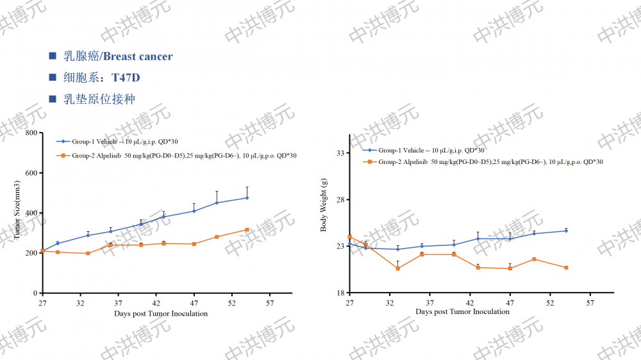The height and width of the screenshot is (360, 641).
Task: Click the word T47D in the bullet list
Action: (126, 78)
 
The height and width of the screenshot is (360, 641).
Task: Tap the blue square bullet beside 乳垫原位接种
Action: (53, 99)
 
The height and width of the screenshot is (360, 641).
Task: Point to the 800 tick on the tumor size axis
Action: (31, 133)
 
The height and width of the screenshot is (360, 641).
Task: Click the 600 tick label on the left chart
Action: (31, 173)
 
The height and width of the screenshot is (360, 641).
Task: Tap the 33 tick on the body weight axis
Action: (340, 153)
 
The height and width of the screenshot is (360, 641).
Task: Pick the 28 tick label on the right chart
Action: (340, 199)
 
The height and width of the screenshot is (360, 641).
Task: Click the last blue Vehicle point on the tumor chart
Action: (247, 198)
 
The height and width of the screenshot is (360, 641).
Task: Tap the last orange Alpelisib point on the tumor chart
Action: (247, 229)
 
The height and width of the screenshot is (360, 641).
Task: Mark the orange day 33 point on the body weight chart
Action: (398, 268)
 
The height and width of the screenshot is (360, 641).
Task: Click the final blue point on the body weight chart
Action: (567, 231)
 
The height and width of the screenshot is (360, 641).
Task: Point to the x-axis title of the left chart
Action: (161, 314)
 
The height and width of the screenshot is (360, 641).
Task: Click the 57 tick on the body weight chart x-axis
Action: (590, 302)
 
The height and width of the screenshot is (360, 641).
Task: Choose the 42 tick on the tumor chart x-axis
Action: (156, 302)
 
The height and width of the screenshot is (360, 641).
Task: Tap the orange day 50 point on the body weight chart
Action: (534, 259)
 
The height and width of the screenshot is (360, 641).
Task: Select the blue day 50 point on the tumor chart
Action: (217, 202)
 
